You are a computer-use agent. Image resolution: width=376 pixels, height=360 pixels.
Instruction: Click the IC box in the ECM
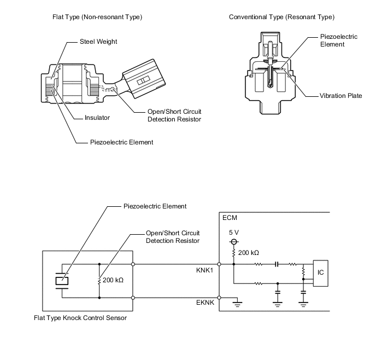tap(321, 273)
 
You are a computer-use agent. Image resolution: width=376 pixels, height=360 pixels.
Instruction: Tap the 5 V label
tap(234, 233)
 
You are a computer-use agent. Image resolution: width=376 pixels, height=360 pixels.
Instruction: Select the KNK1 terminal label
tap(204, 270)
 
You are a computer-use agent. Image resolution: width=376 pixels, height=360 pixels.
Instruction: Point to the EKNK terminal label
tap(205, 303)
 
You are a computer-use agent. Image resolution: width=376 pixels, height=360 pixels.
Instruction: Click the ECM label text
tap(230, 218)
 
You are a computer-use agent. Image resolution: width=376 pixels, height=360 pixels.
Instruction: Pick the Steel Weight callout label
tap(98, 42)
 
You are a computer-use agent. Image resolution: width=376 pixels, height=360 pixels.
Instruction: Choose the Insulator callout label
tap(97, 118)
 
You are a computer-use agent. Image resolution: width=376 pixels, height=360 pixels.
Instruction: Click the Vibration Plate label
tap(341, 96)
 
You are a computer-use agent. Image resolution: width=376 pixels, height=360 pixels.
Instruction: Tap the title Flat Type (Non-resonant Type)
tap(97, 17)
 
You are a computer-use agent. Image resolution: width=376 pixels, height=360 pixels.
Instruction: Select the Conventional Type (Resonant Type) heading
tap(282, 17)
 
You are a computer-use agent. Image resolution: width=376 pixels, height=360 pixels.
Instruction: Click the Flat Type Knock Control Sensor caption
tap(80, 318)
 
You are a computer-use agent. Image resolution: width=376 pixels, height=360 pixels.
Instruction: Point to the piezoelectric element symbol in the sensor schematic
tap(62, 281)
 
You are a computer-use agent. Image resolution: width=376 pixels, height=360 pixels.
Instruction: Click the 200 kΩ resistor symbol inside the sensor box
tap(99, 281)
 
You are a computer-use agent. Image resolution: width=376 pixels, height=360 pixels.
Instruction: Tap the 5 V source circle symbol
tap(234, 242)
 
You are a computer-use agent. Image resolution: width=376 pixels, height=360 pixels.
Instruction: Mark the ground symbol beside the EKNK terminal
tap(237, 303)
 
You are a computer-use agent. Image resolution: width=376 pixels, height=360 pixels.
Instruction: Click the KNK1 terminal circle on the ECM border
tap(219, 264)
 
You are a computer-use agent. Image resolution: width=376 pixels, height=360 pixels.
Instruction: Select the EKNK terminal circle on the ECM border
tap(219, 298)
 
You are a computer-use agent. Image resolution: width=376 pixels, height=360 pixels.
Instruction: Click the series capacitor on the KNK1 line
tap(277, 264)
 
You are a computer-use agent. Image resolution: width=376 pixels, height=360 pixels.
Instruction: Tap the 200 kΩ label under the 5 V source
tap(249, 253)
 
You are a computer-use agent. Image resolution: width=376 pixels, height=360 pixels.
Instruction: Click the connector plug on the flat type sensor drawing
tap(143, 79)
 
